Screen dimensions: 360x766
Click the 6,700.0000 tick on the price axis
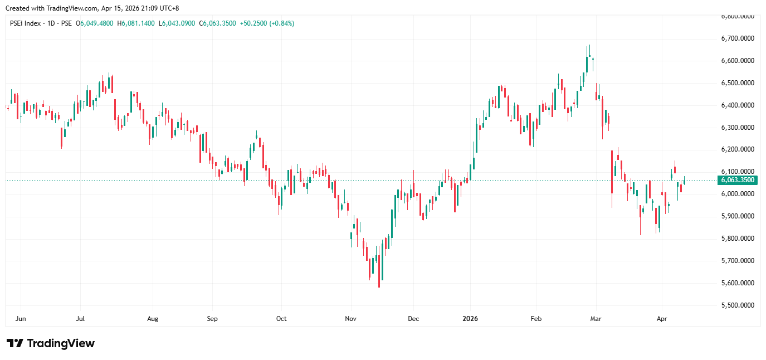click(x=738, y=38)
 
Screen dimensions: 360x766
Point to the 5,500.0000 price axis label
click(x=738, y=305)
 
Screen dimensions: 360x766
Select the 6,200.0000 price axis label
click(x=738, y=149)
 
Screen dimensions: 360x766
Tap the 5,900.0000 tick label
click(x=738, y=216)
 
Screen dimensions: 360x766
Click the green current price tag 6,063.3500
click(x=737, y=180)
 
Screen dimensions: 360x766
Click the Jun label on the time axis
click(x=21, y=319)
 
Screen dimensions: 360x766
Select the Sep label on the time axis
click(x=212, y=319)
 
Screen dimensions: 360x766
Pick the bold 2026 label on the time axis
click(x=471, y=319)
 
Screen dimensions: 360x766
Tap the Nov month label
click(x=350, y=319)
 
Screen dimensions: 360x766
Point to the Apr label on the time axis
click(x=662, y=319)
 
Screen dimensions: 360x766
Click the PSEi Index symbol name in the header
click(x=26, y=23)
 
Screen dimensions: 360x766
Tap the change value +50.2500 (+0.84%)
click(x=267, y=23)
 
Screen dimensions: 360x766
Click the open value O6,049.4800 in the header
click(x=97, y=23)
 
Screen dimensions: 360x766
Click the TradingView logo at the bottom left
click(x=50, y=343)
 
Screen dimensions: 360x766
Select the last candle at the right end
click(x=684, y=182)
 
